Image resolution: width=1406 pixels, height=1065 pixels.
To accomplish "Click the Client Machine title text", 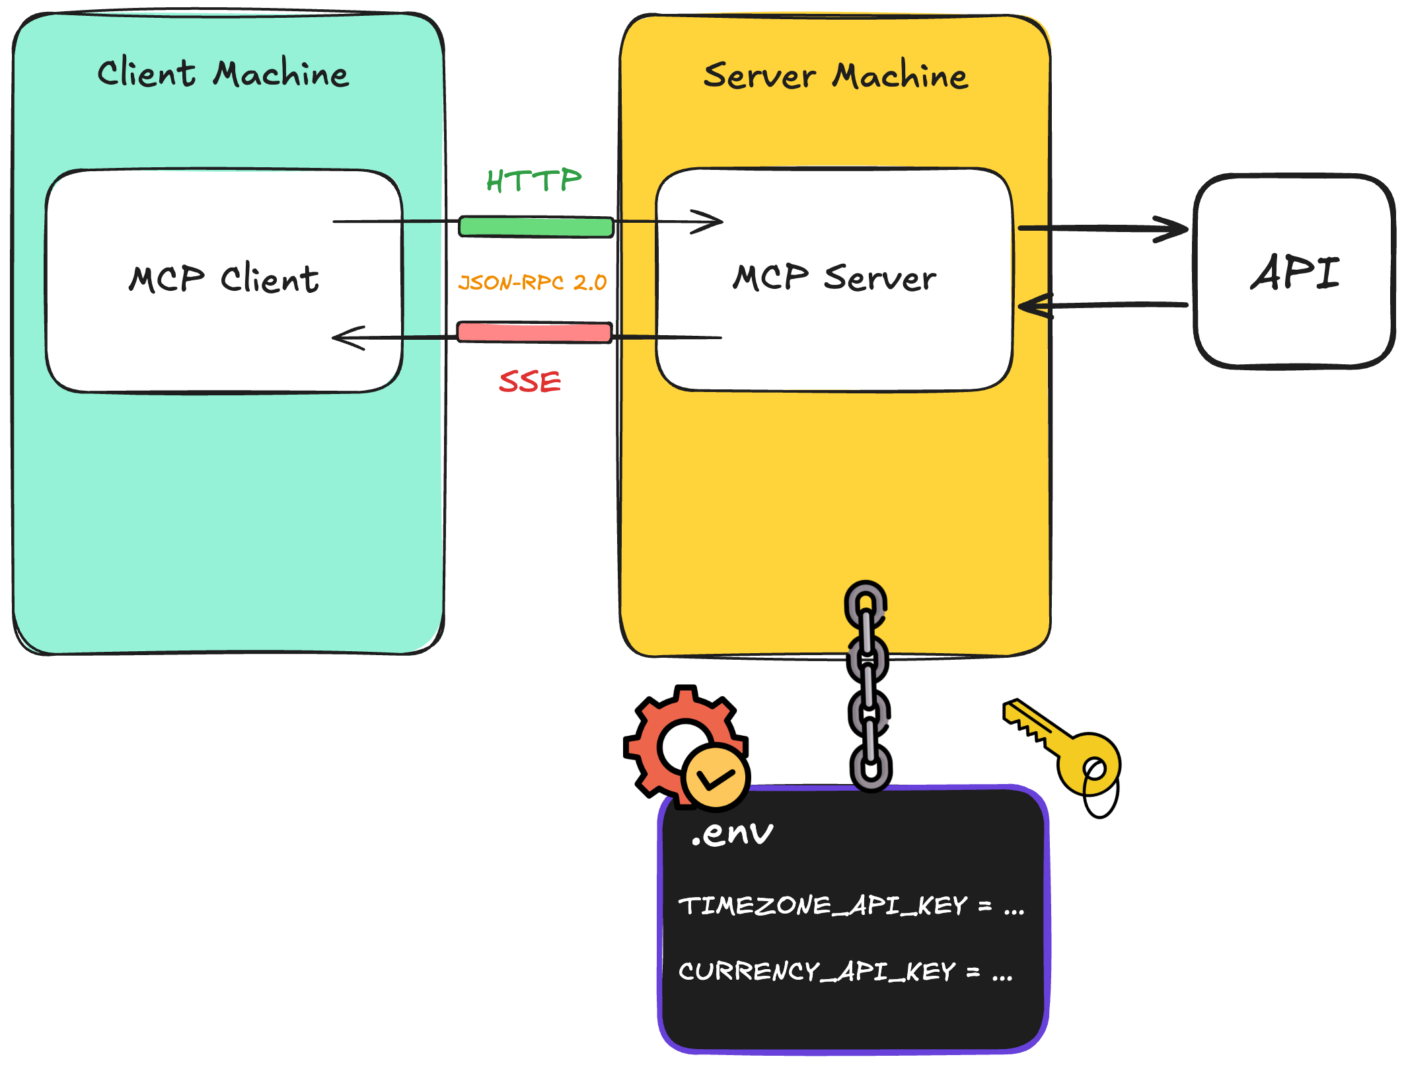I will (x=223, y=73).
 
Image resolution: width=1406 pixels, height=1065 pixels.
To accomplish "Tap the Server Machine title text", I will (x=835, y=75).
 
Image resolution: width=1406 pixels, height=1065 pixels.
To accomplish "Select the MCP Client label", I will (x=223, y=278).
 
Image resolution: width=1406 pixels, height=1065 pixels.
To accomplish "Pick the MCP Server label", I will (x=834, y=277).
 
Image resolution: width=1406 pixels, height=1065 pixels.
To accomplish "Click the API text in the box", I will (x=1294, y=272).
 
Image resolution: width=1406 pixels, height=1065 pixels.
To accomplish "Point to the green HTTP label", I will (x=534, y=180).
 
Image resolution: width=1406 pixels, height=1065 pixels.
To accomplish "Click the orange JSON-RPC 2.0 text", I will (x=533, y=283).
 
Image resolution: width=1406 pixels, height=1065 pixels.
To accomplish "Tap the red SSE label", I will (x=530, y=382).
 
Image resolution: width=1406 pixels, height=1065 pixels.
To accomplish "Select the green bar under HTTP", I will (x=536, y=227).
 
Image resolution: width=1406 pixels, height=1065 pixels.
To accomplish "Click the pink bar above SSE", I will (x=534, y=332).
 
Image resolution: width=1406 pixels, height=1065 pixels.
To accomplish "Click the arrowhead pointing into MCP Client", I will (x=347, y=338).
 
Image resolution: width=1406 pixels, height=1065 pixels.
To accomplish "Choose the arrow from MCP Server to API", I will (x=1103, y=229).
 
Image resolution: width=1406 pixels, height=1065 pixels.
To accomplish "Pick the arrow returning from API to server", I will (x=1103, y=305).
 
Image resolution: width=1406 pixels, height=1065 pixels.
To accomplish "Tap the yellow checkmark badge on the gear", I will (x=716, y=778).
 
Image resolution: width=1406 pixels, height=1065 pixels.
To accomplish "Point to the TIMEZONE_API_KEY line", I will (x=851, y=906).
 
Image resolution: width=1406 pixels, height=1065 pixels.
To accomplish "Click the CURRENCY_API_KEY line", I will (x=844, y=972).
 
